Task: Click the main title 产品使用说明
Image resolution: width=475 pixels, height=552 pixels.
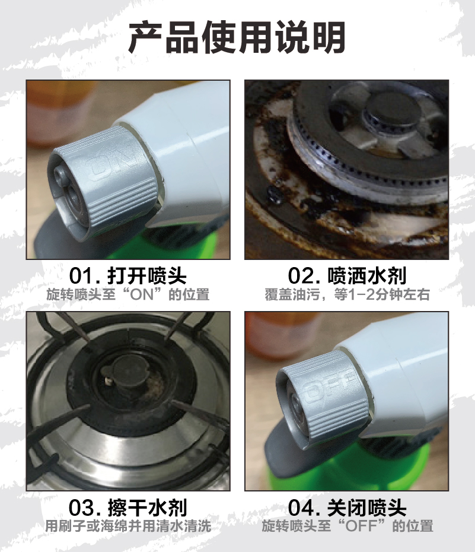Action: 237,37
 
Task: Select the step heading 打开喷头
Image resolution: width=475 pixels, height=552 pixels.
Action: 146,275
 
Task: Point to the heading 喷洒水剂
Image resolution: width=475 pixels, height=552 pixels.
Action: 366,275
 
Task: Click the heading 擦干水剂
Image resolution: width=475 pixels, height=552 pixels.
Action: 146,507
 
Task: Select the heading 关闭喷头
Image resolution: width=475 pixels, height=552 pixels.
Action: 366,507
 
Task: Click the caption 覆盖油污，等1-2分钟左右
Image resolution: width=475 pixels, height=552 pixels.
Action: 347,294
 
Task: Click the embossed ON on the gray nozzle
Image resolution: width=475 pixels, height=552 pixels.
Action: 113,162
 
